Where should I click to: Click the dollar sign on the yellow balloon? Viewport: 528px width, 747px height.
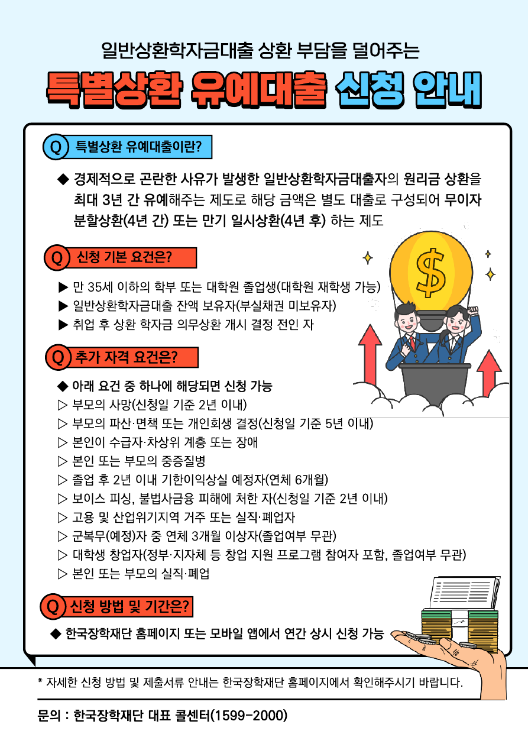[430, 273]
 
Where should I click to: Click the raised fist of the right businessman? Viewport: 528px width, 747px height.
[473, 310]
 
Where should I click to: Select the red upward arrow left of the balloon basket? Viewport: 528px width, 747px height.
[370, 354]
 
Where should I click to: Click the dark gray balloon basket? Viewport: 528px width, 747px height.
[435, 383]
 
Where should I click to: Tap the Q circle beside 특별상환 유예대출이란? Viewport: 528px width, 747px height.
[56, 147]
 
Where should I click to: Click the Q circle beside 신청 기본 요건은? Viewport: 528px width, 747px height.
[57, 257]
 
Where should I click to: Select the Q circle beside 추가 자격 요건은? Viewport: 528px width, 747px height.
[59, 357]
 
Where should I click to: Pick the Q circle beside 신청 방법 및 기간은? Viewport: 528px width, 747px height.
[53, 606]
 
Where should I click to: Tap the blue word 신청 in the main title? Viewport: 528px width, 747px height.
[370, 89]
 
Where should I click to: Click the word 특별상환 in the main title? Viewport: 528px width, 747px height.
[114, 89]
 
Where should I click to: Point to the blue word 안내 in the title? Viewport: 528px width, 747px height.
[446, 89]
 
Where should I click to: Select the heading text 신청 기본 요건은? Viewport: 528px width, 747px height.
[124, 257]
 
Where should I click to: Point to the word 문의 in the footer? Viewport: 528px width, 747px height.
[48, 716]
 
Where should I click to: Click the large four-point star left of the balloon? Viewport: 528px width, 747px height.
[368, 257]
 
